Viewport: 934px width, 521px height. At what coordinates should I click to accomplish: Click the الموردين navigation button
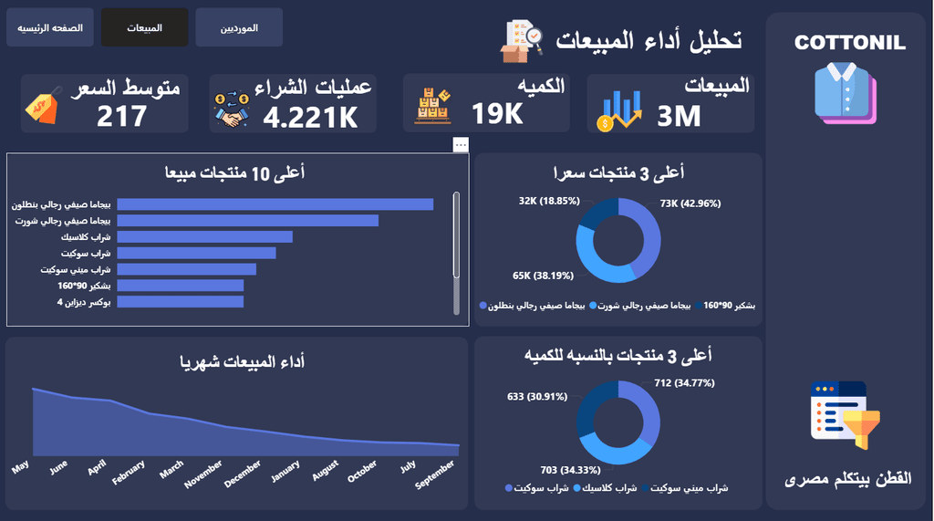(239, 27)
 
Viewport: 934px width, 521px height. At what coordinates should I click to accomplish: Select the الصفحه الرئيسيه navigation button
(50, 27)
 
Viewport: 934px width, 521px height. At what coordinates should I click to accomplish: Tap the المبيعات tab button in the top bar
(144, 27)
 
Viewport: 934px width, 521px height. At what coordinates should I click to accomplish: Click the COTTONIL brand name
(849, 43)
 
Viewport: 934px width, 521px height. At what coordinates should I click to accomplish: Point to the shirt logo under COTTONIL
(846, 93)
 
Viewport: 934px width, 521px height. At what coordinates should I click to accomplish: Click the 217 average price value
(121, 116)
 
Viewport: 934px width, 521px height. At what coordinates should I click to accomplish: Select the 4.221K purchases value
(310, 117)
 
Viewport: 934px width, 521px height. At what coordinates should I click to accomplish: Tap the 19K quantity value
(497, 113)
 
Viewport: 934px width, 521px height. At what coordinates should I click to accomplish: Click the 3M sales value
(679, 116)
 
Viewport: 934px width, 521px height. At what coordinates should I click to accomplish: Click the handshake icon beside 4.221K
(232, 109)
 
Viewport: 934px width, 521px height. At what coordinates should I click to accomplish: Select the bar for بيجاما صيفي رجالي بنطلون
(275, 204)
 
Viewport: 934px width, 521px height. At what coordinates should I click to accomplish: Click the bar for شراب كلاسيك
(205, 237)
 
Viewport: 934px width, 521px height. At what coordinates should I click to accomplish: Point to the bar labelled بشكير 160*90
(181, 286)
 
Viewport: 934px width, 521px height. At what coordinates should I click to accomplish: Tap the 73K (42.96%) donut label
(690, 203)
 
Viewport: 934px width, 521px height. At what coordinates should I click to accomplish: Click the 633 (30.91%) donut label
(537, 396)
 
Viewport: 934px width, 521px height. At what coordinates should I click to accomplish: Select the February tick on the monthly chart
(129, 472)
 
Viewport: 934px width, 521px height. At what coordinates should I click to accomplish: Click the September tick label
(435, 474)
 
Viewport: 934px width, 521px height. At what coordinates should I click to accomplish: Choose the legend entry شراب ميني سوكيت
(685, 488)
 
